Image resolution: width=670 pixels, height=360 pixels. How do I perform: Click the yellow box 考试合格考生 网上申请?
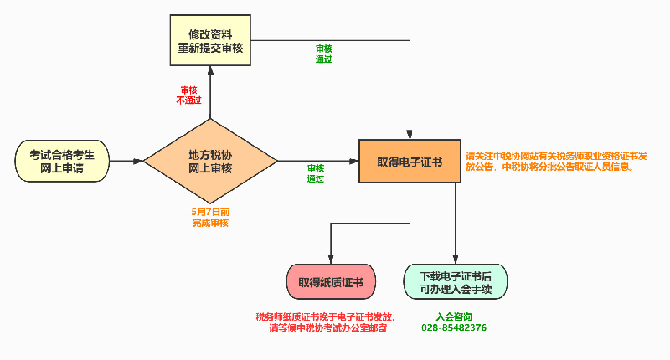click(62, 161)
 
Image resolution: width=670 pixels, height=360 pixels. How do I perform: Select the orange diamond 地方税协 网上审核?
click(210, 161)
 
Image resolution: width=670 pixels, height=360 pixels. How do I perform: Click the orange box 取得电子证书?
click(410, 161)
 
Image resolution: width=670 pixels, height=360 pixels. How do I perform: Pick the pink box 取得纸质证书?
click(331, 282)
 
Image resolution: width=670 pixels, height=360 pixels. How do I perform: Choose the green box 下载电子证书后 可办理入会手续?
click(456, 282)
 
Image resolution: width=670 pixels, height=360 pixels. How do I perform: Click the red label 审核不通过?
click(188, 95)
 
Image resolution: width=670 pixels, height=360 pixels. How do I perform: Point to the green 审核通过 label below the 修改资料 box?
click(324, 54)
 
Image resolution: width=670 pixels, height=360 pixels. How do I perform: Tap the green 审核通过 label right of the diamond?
click(316, 173)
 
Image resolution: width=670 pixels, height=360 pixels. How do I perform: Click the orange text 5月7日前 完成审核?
click(210, 218)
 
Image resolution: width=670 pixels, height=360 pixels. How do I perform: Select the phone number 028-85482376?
click(454, 327)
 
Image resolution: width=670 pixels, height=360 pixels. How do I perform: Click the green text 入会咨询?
click(454, 316)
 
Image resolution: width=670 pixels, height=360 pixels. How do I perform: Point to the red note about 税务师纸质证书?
click(327, 323)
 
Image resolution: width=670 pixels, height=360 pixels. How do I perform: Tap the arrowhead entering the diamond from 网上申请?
click(139, 161)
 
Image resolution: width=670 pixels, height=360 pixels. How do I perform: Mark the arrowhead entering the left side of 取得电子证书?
click(354, 161)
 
